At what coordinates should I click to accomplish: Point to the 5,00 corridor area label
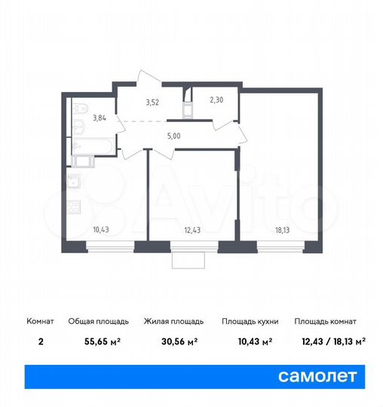click(173, 137)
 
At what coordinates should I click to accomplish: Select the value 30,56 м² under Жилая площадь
click(179, 341)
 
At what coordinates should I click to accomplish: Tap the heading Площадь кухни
click(250, 321)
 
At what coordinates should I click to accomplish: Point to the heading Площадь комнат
click(326, 321)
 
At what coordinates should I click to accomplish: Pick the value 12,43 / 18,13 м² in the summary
click(329, 341)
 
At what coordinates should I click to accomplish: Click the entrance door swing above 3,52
click(147, 78)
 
